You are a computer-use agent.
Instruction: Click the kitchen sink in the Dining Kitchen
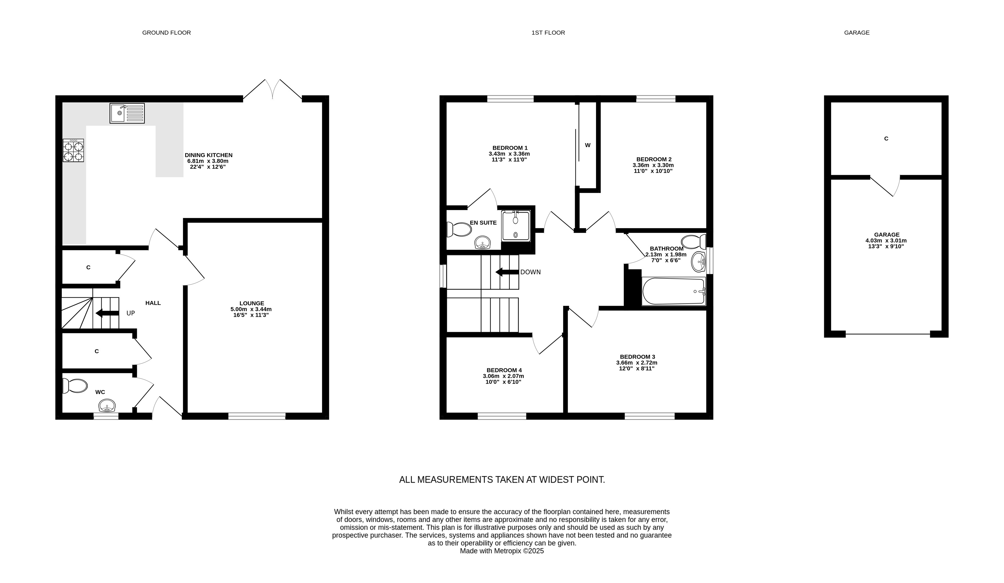pyautogui.click(x=127, y=113)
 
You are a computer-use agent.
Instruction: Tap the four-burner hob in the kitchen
pyautogui.click(x=73, y=150)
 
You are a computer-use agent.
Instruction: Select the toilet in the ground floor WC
pyautogui.click(x=75, y=386)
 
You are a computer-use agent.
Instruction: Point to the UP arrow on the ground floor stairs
pyautogui.click(x=107, y=313)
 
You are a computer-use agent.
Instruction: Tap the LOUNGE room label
pyautogui.click(x=252, y=303)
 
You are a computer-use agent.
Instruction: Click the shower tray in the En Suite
pyautogui.click(x=516, y=226)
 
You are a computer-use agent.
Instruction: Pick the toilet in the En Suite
pyautogui.click(x=459, y=229)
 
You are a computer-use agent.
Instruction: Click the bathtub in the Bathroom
pyautogui.click(x=674, y=291)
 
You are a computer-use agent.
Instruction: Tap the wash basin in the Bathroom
pyautogui.click(x=699, y=262)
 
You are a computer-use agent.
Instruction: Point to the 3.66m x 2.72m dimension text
pyautogui.click(x=637, y=363)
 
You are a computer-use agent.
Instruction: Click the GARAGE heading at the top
pyautogui.click(x=857, y=33)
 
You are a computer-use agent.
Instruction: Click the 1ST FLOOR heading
pyautogui.click(x=548, y=33)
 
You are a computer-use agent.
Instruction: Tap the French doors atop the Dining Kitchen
pyautogui.click(x=273, y=89)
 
